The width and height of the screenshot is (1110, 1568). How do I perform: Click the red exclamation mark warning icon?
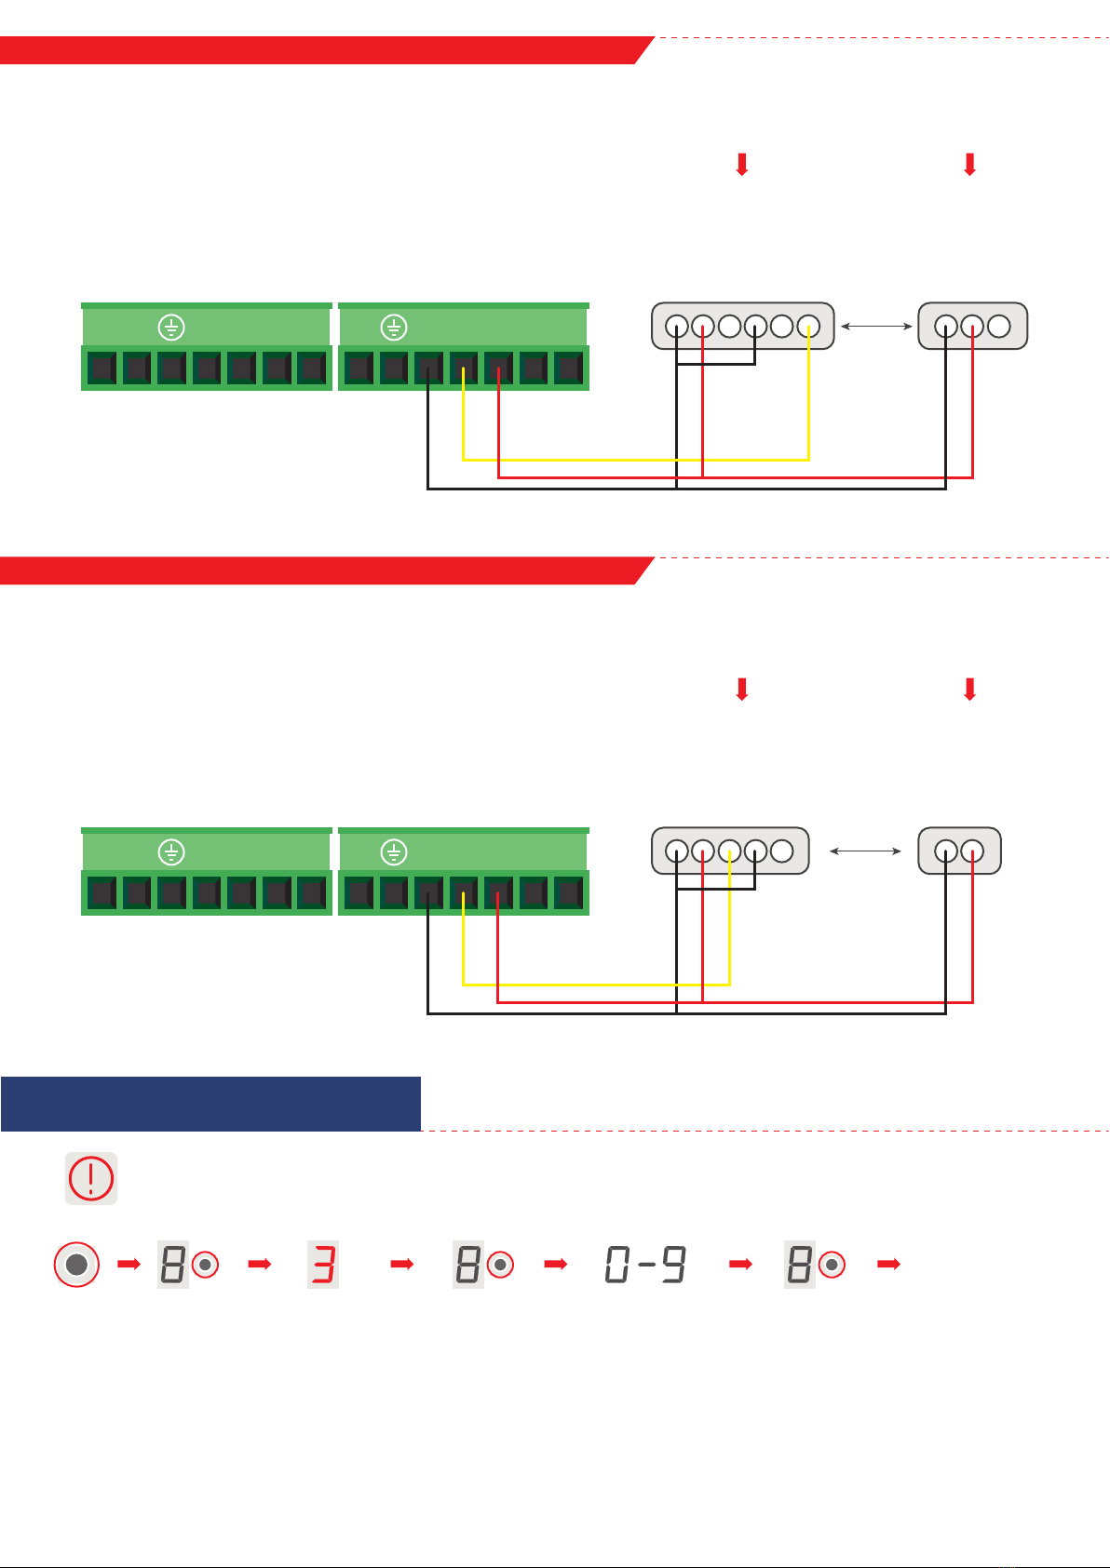(x=91, y=1178)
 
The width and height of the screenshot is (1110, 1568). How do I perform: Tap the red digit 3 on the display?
(x=323, y=1265)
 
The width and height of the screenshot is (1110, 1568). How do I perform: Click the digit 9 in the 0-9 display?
(x=673, y=1265)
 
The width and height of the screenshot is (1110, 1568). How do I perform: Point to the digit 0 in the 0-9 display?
(x=617, y=1265)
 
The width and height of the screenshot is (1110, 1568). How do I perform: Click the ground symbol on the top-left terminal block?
(x=171, y=327)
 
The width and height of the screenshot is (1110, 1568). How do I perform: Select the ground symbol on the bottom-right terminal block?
(x=394, y=851)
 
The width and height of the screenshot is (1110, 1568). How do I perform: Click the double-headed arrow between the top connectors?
(x=876, y=327)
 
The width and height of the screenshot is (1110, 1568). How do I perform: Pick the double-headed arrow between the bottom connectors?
(x=865, y=851)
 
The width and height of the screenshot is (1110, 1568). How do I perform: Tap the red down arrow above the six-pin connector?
(x=742, y=165)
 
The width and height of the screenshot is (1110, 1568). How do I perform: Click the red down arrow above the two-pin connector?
(x=970, y=690)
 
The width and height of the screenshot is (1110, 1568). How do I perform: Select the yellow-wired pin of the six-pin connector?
(x=808, y=327)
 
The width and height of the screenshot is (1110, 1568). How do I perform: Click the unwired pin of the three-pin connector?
(x=998, y=327)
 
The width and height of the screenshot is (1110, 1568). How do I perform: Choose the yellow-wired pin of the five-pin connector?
(x=729, y=851)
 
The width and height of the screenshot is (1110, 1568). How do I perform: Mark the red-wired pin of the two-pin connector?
(x=972, y=851)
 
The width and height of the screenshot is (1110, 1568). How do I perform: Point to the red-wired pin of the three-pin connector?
(x=972, y=327)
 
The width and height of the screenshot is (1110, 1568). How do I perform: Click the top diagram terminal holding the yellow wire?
(x=464, y=369)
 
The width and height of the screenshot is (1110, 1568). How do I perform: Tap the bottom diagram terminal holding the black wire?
(x=428, y=893)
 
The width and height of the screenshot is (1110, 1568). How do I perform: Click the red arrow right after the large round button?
(x=129, y=1264)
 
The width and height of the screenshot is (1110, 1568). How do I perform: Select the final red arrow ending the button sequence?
(x=888, y=1264)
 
